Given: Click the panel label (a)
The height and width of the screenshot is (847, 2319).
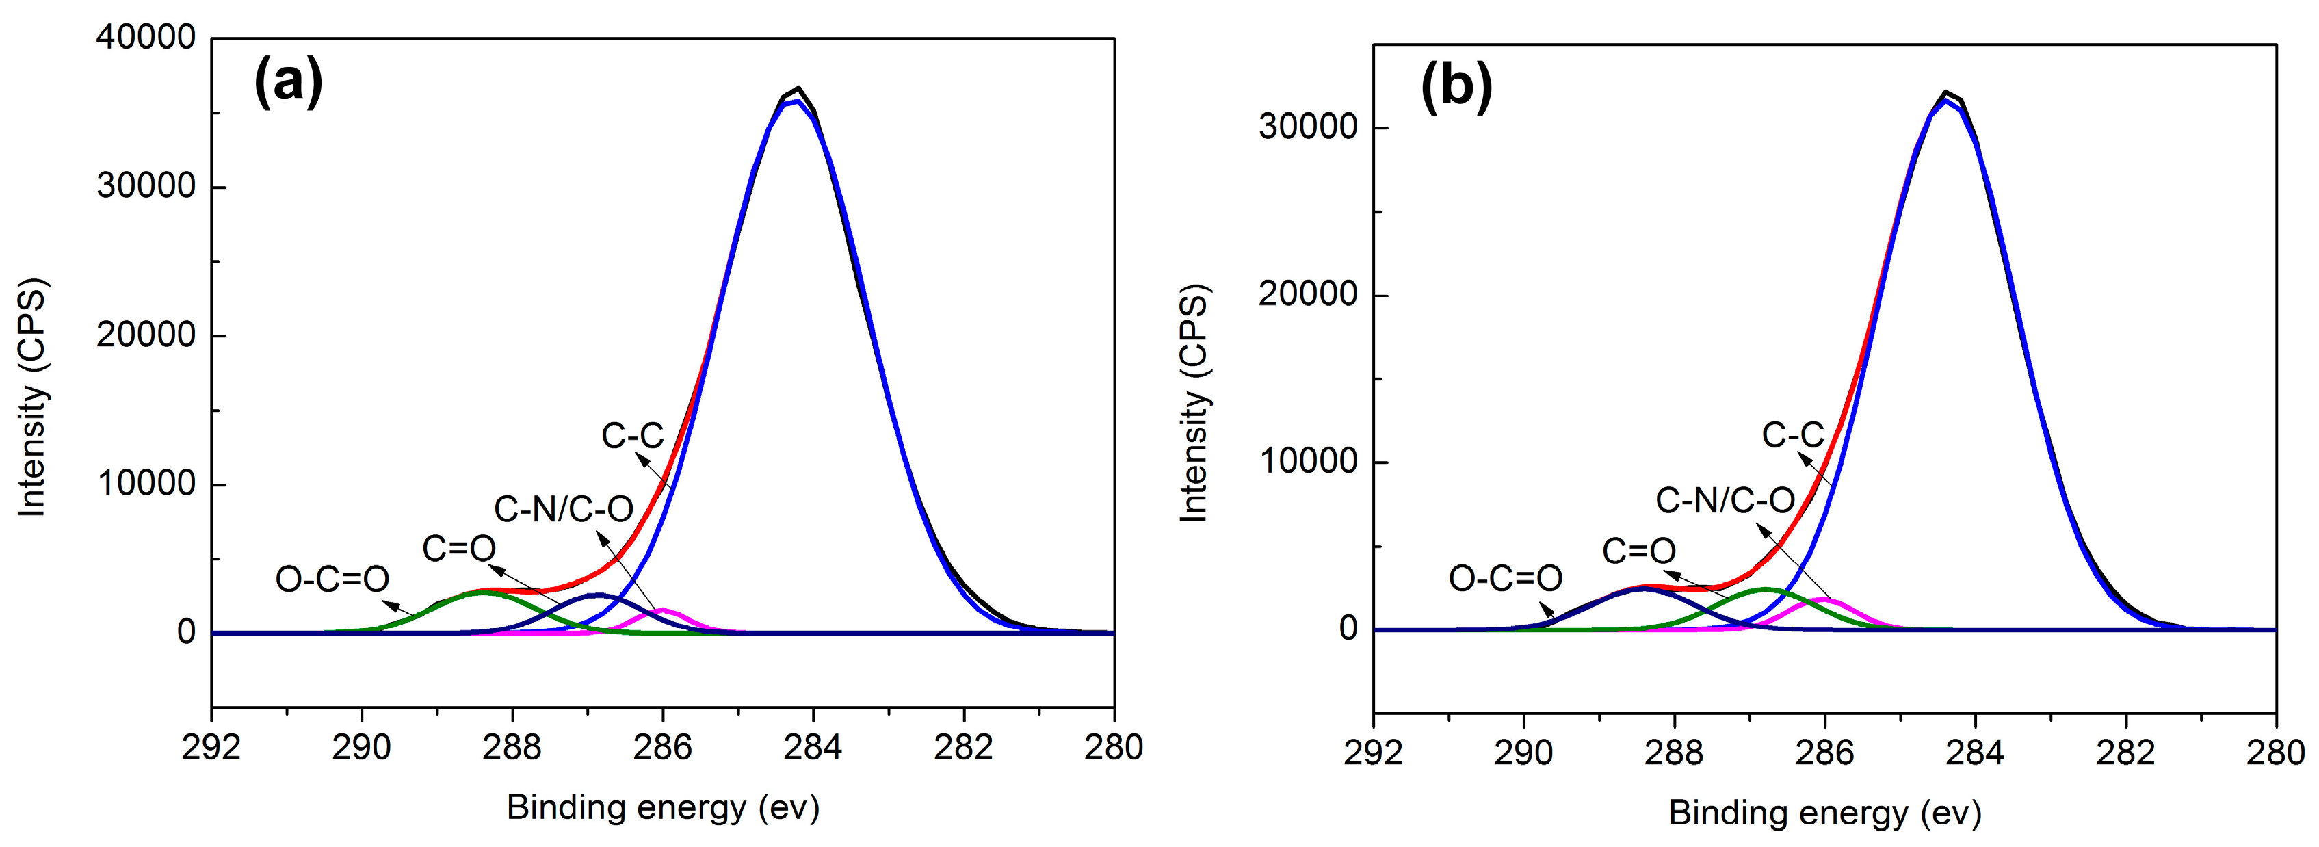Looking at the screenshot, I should coord(288,82).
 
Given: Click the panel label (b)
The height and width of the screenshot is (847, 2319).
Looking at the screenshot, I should coord(1456,88).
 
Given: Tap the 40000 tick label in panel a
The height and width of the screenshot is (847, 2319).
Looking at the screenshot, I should coord(146,37).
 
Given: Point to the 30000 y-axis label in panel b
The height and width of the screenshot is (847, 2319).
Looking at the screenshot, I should coord(1307,127).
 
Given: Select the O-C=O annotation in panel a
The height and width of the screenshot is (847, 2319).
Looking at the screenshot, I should coord(332,579).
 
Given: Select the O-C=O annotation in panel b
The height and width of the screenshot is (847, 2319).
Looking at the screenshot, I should coord(1505,578).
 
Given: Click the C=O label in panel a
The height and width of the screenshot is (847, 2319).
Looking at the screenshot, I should coord(459,548).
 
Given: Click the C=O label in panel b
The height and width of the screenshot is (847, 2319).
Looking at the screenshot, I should coord(1638,551).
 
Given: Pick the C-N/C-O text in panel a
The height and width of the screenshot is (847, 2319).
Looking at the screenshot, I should coord(564,510).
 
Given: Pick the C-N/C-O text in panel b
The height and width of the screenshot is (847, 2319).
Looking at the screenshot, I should coord(1725,500).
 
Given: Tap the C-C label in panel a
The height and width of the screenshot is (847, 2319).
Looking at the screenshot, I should coord(632,436).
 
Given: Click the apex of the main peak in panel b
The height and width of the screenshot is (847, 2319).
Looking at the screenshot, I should coord(1945,93).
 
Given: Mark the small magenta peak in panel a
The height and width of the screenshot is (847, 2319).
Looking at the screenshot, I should coord(663,610).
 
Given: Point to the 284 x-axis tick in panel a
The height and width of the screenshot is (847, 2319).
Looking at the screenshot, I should coord(813,747).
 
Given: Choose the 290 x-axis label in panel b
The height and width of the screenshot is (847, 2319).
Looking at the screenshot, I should coord(1523,753).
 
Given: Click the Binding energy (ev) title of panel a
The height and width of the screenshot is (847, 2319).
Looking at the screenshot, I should coord(663,807).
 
